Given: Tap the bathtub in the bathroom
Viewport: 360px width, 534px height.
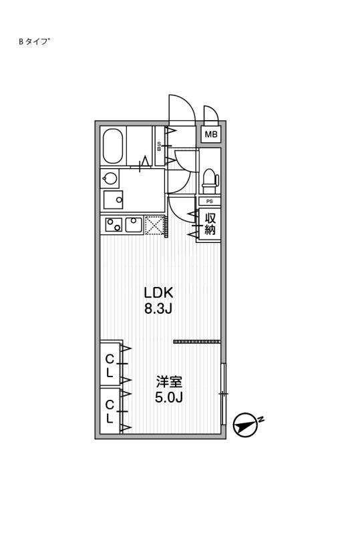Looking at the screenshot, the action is (113, 146).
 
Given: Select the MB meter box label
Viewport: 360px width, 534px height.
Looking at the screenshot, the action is (211, 135).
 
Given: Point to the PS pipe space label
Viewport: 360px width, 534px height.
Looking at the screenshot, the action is (210, 202).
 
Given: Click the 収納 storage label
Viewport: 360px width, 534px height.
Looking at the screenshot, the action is (210, 224).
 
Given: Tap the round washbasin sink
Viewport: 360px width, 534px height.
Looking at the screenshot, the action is (110, 178).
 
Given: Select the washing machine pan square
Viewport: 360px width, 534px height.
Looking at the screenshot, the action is (113, 199).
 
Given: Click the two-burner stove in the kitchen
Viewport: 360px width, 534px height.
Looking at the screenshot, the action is (114, 225).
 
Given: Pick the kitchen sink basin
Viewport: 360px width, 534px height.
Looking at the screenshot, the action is (134, 225).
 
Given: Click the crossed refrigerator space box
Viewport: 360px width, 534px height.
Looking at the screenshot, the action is (154, 225).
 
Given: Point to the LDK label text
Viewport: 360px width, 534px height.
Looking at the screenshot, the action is (159, 292).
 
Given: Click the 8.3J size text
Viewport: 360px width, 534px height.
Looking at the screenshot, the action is (158, 308).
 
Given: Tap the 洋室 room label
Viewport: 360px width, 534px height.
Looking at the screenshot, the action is (169, 381).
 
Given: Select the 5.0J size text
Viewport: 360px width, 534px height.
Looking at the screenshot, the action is (169, 397).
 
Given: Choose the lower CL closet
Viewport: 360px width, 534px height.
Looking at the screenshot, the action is (110, 411).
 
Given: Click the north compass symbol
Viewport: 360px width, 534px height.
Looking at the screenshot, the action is (245, 425).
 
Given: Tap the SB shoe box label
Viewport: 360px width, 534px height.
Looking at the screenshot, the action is (159, 146).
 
